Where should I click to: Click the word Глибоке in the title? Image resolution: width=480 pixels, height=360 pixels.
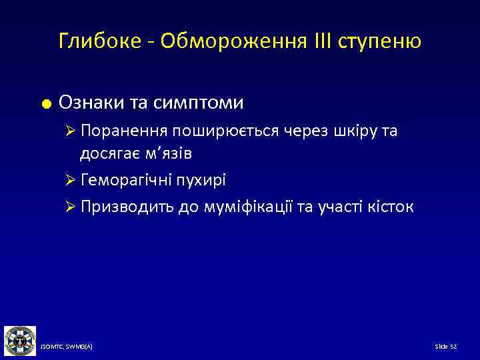pos(97,42)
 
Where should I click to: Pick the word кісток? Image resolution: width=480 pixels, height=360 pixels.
pos(390,207)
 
